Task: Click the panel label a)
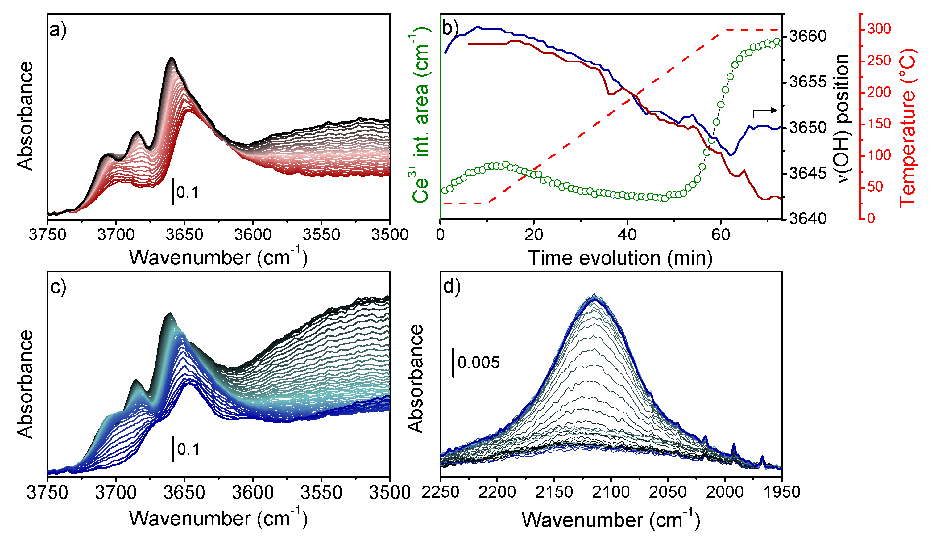point(58,30)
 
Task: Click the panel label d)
point(452,286)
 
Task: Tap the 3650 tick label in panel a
point(184,235)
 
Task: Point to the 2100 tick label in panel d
point(611,492)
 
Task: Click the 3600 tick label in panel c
point(253,492)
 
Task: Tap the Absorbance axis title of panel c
point(25,384)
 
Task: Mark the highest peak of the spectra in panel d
point(594,295)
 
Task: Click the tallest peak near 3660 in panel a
point(172,58)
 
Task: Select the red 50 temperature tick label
point(875,187)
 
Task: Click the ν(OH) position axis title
point(843,119)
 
